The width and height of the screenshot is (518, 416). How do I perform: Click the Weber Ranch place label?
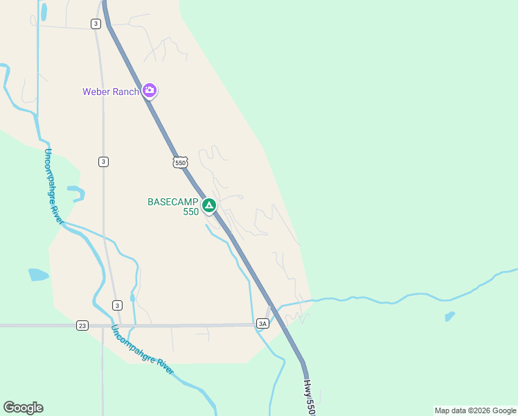111,92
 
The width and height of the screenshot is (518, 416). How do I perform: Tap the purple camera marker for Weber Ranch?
150,90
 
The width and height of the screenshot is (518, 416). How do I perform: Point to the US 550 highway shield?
180,162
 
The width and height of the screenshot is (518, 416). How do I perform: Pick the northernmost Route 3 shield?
95,24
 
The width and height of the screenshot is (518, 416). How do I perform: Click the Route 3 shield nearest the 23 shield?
117,305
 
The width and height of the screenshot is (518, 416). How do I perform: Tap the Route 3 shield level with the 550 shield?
103,162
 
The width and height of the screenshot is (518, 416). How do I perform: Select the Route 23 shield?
82,325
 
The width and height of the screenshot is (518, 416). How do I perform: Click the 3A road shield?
262,324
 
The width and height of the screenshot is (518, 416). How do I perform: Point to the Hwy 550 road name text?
310,397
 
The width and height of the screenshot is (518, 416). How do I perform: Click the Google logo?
23,408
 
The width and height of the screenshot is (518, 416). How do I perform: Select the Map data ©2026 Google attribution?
475,410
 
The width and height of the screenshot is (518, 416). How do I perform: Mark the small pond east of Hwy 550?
450,316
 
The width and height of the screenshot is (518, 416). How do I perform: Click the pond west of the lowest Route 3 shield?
38,275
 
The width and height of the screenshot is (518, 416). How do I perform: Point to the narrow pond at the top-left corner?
44,12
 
